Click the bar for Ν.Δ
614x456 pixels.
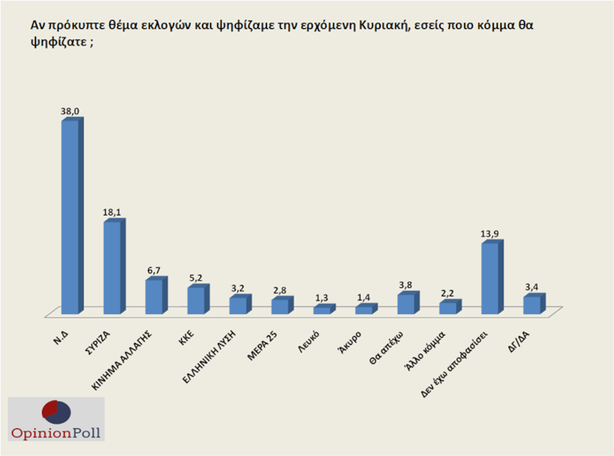click(x=70, y=216)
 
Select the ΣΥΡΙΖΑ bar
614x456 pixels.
click(x=112, y=267)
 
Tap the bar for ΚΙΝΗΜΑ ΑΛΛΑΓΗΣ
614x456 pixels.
click(x=154, y=296)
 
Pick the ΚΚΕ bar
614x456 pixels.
click(x=196, y=300)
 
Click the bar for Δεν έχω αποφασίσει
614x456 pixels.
click(x=490, y=278)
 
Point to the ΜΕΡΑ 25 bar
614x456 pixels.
click(x=280, y=306)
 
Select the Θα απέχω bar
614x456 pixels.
click(x=406, y=304)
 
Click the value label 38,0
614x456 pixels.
click(x=71, y=111)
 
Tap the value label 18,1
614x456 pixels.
click(x=113, y=213)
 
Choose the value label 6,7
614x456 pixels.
click(x=155, y=271)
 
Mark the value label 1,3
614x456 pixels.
click(x=322, y=298)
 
